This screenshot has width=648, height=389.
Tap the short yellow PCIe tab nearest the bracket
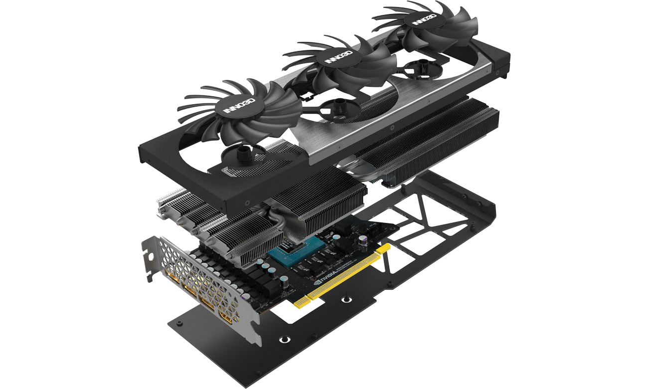pyautogui.click(x=301, y=302)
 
